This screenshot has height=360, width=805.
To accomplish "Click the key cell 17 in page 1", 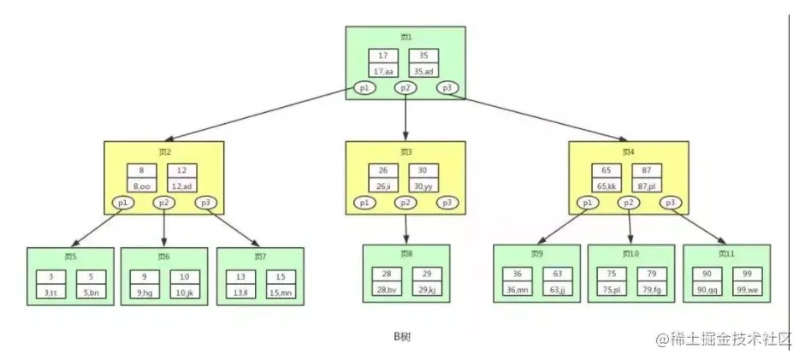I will pyautogui.click(x=383, y=56).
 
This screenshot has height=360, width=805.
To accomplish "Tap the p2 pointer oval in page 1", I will pyautogui.click(x=405, y=87).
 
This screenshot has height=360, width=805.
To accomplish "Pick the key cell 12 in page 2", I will pyautogui.click(x=181, y=170).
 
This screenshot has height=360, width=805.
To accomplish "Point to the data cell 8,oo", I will pyautogui.click(x=140, y=186).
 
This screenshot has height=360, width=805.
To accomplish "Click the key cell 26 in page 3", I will pyautogui.click(x=382, y=170).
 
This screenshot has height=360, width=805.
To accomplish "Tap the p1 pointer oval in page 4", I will pyautogui.click(x=588, y=203).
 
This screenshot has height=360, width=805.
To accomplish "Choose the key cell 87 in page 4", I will pyautogui.click(x=647, y=170).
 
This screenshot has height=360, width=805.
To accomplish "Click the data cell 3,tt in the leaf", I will pyautogui.click(x=50, y=292).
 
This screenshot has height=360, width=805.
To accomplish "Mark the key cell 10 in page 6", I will pyautogui.click(x=186, y=277).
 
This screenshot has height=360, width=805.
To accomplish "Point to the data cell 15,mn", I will pyautogui.click(x=281, y=292).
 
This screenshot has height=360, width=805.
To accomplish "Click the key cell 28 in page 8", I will pyautogui.click(x=386, y=274).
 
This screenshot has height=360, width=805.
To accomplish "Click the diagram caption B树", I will pyautogui.click(x=402, y=337).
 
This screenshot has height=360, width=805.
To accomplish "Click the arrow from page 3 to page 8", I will pyautogui.click(x=405, y=227).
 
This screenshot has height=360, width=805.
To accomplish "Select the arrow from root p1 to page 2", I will pyautogui.click(x=265, y=115).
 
